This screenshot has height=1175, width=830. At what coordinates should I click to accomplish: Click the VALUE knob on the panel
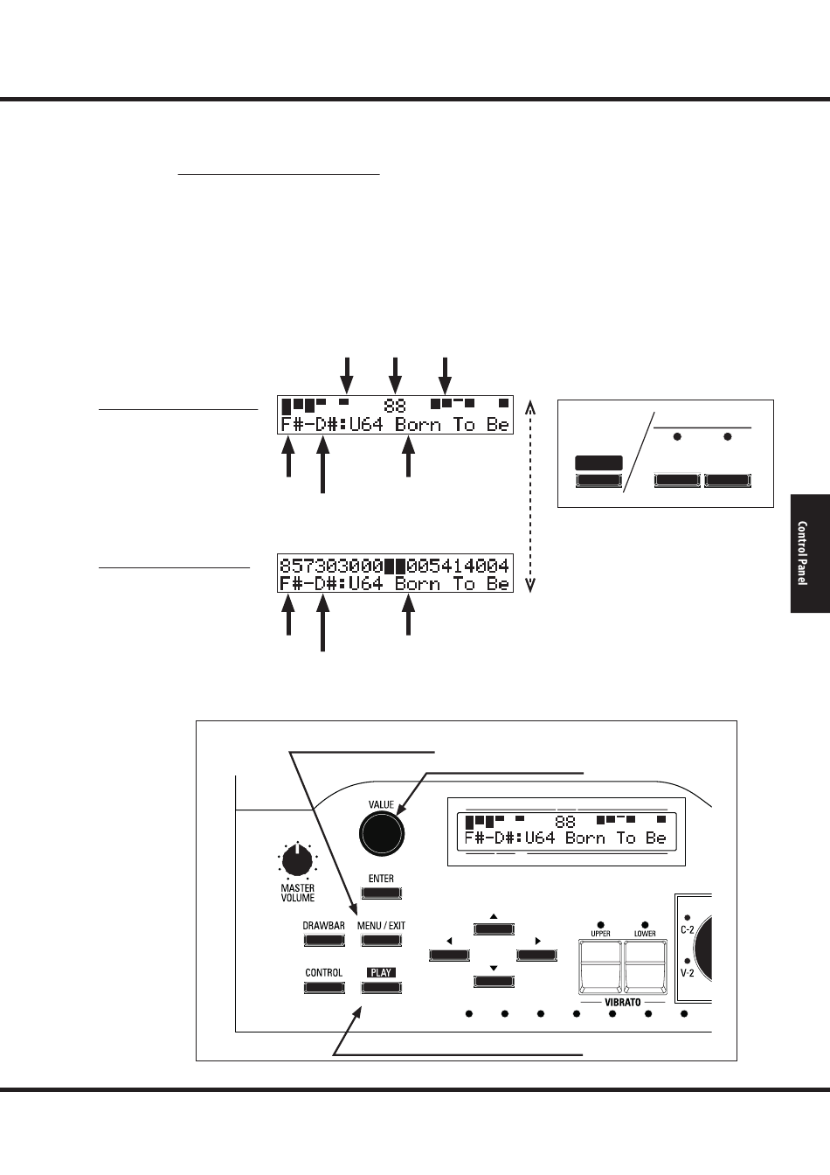click(x=381, y=833)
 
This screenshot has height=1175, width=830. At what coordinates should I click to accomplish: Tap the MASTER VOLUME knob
click(x=297, y=861)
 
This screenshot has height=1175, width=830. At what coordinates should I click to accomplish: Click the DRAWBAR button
click(x=324, y=941)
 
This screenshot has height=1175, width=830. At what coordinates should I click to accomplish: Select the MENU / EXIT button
click(x=381, y=941)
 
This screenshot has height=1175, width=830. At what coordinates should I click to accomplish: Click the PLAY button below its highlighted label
click(x=381, y=988)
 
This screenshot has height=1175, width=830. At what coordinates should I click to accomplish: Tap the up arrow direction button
click(x=494, y=929)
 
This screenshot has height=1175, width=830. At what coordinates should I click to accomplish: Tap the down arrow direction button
click(x=494, y=981)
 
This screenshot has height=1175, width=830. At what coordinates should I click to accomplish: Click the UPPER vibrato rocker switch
click(x=600, y=968)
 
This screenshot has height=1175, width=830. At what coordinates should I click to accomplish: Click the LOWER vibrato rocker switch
click(x=645, y=968)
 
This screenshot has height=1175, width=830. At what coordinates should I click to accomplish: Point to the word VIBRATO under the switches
click(x=623, y=1003)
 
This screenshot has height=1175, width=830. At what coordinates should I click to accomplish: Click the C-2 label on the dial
click(x=688, y=929)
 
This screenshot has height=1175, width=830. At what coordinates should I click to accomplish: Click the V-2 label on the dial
click(x=688, y=973)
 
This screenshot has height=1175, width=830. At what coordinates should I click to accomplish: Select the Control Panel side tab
click(x=810, y=553)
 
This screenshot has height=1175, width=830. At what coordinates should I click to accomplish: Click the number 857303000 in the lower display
click(x=331, y=566)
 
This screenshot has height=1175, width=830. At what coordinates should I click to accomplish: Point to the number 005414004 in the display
click(x=458, y=566)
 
